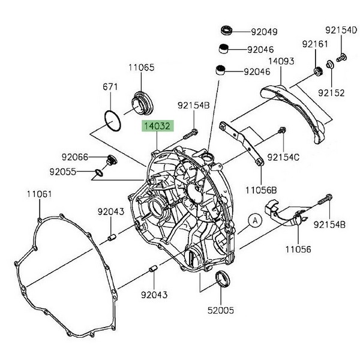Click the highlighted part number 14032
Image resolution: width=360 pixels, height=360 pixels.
pos(157,127)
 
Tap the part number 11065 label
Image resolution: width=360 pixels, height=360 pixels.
pos(141,68)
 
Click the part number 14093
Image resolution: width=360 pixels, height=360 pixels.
pos(280,61)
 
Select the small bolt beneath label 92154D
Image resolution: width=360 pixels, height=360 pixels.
pos(342,58)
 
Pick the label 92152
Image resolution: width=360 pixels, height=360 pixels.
pos(332,92)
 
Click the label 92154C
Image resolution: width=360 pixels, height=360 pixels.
pos(284,157)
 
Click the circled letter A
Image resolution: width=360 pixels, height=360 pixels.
pos(254,220)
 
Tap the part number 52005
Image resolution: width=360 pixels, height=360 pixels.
pos(222,311)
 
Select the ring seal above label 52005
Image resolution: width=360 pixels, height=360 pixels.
pos(222,278)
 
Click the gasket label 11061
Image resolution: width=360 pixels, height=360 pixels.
pos(39,194)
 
